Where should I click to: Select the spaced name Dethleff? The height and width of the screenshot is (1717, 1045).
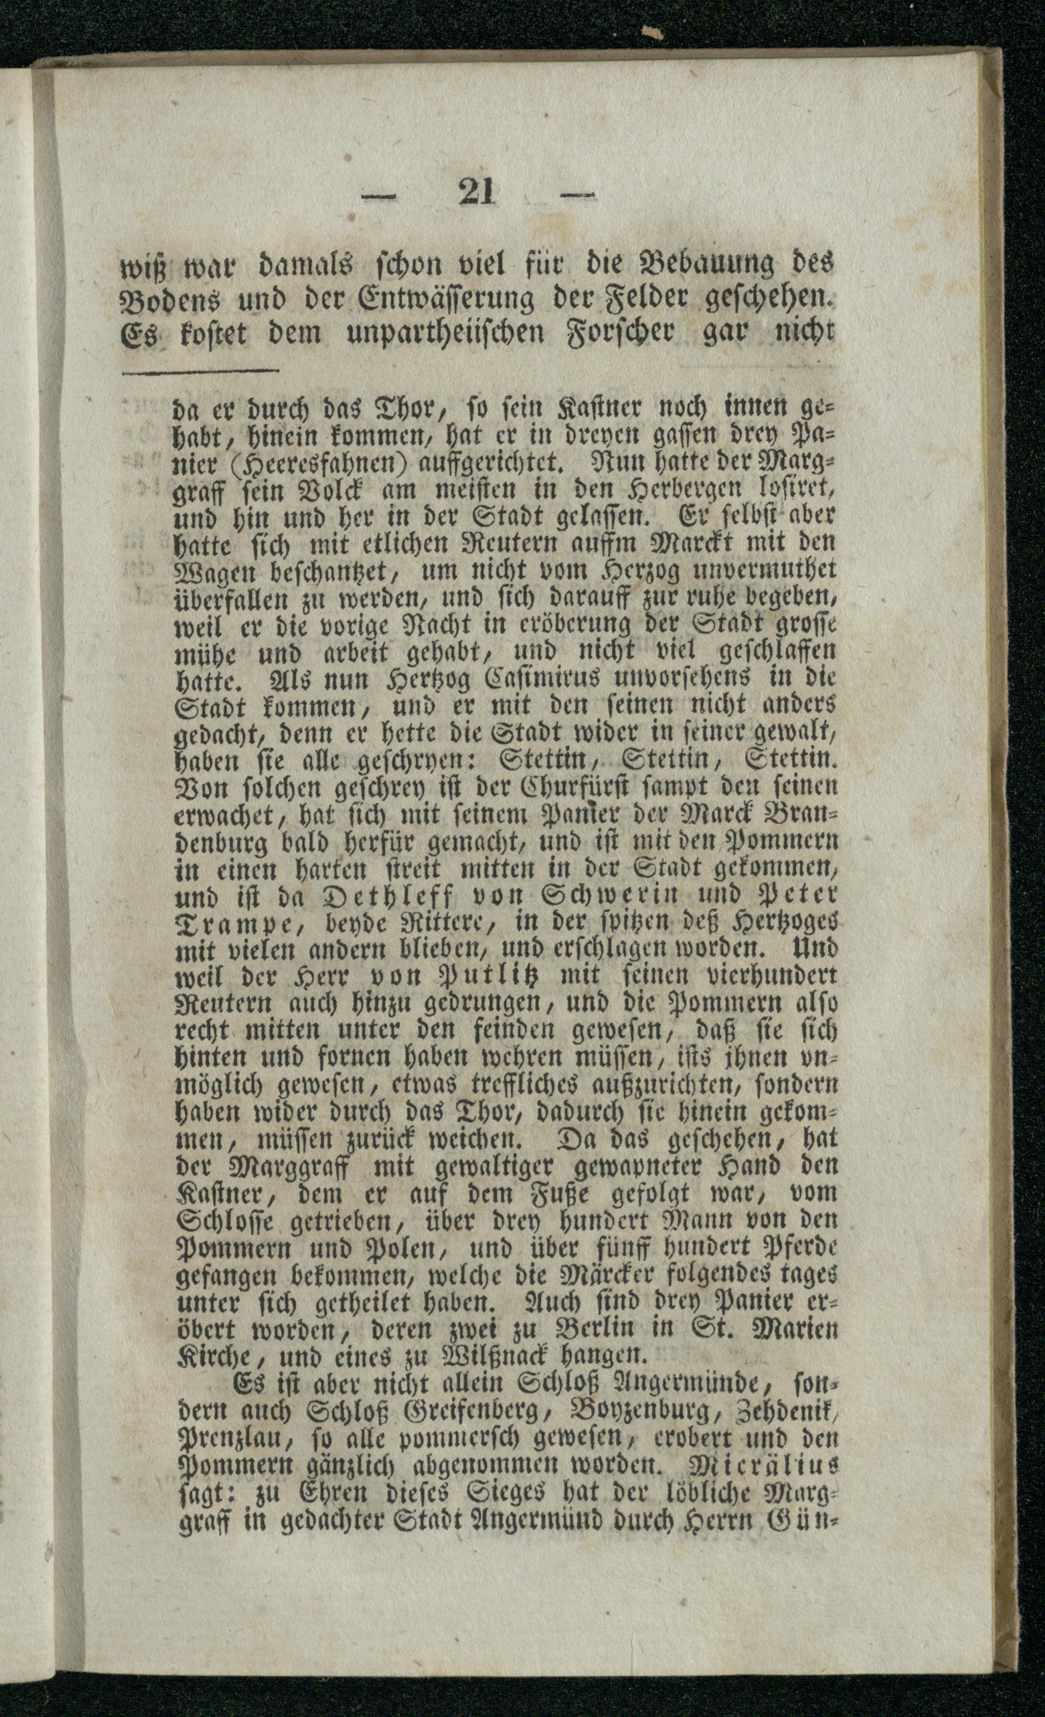(x=387, y=894)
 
